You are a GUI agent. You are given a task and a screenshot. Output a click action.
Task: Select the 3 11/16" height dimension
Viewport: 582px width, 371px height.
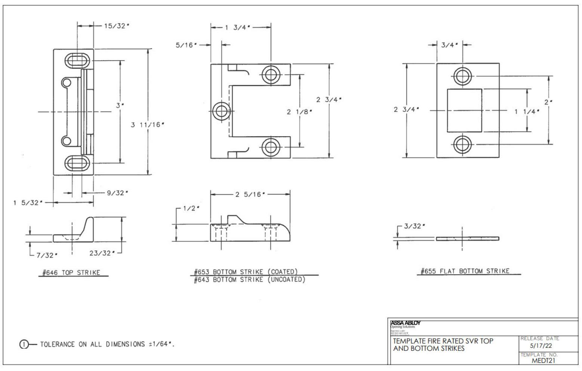[147, 124]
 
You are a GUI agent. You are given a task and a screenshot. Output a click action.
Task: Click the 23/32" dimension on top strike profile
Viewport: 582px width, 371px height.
[100, 253]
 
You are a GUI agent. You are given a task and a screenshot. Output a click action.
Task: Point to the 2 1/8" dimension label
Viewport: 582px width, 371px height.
[299, 112]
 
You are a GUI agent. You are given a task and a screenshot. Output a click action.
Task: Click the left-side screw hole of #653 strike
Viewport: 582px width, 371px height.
[221, 111]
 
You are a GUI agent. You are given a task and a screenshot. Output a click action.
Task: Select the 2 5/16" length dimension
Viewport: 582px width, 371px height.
[250, 194]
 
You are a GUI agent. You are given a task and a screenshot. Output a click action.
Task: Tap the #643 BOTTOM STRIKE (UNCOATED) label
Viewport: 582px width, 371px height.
[249, 279]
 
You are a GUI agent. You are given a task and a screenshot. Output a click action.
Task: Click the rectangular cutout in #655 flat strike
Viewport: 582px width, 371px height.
[464, 110]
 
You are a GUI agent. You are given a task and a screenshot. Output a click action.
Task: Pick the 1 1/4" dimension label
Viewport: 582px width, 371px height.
[527, 111]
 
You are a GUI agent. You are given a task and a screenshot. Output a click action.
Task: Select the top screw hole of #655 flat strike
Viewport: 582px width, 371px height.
[463, 76]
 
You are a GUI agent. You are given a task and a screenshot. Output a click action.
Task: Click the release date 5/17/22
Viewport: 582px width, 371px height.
[541, 346]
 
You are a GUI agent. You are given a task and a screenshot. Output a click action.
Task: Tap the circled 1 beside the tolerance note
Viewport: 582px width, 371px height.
[24, 344]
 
